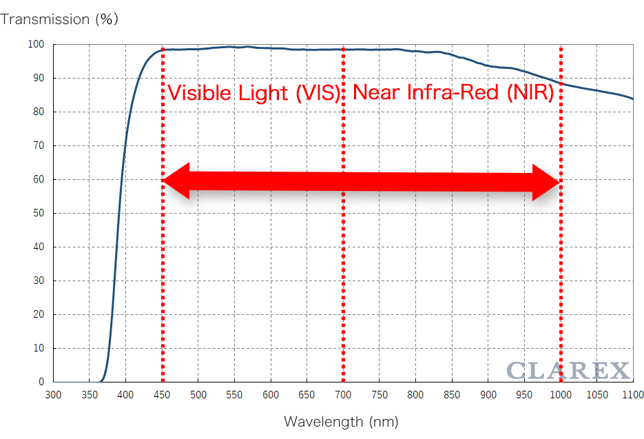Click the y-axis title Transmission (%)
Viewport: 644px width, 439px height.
coord(59,19)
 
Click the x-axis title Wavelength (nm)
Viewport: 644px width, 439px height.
coord(341,421)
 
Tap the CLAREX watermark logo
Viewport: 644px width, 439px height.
coord(568,371)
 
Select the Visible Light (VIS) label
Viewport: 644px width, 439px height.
coord(254,93)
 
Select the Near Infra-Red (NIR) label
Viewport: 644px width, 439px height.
coord(453,93)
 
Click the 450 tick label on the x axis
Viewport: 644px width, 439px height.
coord(162,395)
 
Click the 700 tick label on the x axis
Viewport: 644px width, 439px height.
coord(343,395)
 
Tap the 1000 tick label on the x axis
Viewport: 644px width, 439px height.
coord(561,395)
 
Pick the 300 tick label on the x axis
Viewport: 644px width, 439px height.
coord(53,395)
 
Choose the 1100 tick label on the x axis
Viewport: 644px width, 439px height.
coord(632,395)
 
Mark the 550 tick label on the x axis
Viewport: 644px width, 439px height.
coord(234,395)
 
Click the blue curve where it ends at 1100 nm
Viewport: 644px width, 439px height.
coord(633,99)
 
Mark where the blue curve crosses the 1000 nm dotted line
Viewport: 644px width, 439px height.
coord(561,84)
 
